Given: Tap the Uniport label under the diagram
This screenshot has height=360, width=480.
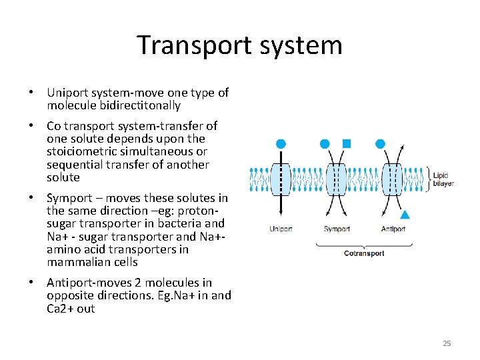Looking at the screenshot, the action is (281, 229).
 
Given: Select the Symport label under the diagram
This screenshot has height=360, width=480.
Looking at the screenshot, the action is (337, 229).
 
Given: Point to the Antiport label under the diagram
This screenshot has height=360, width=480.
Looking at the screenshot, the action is (394, 229).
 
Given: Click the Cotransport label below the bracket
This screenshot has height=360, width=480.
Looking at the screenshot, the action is (365, 253).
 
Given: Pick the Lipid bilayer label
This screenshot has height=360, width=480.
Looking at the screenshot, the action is (443, 179).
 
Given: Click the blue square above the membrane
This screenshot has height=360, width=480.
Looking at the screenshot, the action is (346, 143).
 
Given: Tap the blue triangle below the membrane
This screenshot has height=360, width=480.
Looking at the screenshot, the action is (404, 215).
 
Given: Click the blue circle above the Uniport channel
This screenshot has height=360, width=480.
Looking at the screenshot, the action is (281, 143).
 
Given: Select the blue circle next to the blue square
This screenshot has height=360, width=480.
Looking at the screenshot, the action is (325, 143).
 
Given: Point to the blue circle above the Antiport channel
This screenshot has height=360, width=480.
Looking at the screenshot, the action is (380, 143).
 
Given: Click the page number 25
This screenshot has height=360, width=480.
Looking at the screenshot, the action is (447, 343).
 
